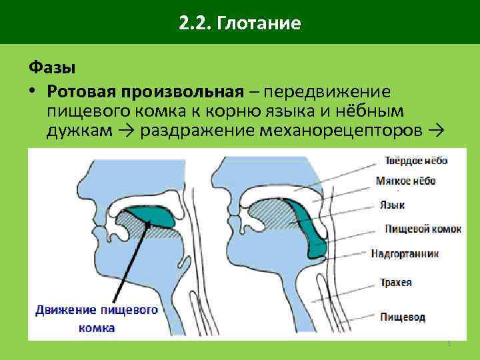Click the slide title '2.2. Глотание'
click(240, 25)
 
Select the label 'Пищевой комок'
click(422, 229)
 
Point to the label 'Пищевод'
click(402, 316)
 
